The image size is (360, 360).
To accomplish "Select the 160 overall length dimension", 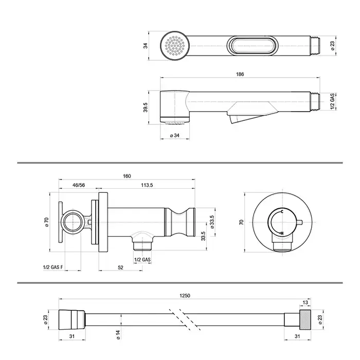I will (x=127, y=176).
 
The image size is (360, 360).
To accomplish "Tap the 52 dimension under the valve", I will (x=120, y=267).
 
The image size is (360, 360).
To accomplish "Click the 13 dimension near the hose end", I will (x=305, y=302).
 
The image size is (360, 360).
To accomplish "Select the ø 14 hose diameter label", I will (x=118, y=335).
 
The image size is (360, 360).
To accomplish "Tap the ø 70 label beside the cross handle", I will (x=46, y=222).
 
